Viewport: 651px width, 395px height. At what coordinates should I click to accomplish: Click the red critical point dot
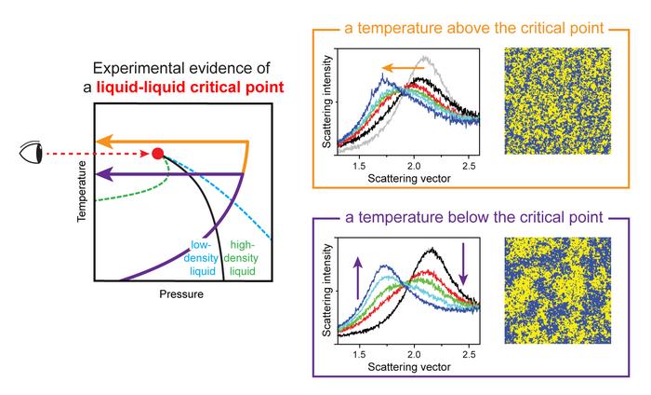158,154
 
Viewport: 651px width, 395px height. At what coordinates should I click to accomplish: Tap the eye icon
31,153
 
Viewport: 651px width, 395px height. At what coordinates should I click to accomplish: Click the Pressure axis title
181,294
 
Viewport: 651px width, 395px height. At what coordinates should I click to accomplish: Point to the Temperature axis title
82,191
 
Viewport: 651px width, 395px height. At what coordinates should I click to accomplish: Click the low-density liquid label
201,258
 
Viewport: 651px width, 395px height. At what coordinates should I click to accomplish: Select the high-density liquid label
242,258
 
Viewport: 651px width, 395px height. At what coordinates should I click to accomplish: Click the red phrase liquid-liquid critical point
190,88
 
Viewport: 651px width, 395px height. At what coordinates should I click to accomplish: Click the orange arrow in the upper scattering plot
403,68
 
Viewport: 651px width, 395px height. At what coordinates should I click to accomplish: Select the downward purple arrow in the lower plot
463,264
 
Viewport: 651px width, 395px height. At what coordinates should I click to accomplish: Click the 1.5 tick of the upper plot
359,166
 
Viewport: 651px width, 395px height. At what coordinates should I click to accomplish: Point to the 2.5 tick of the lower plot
469,354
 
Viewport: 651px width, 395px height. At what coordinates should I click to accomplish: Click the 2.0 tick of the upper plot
414,166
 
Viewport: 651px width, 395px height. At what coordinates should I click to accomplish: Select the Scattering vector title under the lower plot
409,367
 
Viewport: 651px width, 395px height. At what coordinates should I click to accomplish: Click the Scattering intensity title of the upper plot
327,102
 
